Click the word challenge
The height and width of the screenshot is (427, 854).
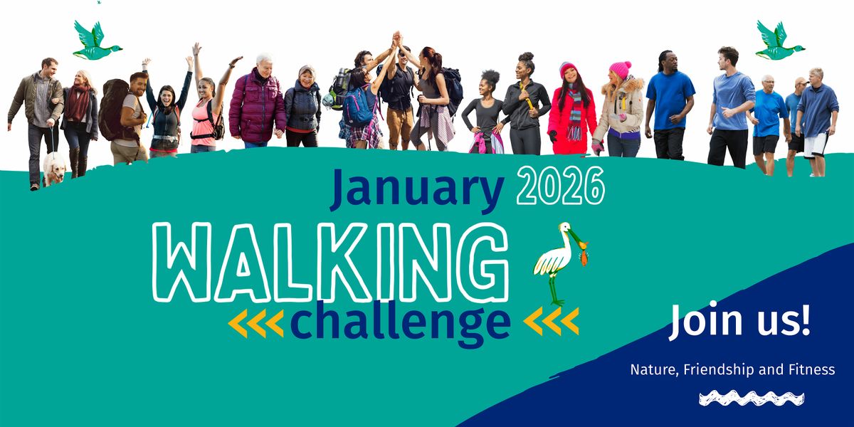coord(401,322)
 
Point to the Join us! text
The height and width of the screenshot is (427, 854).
coord(739,321)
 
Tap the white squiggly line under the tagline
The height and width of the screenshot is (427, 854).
coord(752,398)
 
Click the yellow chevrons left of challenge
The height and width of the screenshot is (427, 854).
coord(256,322)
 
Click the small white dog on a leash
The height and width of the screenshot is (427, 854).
coord(54,170)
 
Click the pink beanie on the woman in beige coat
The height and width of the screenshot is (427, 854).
coord(619,69)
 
